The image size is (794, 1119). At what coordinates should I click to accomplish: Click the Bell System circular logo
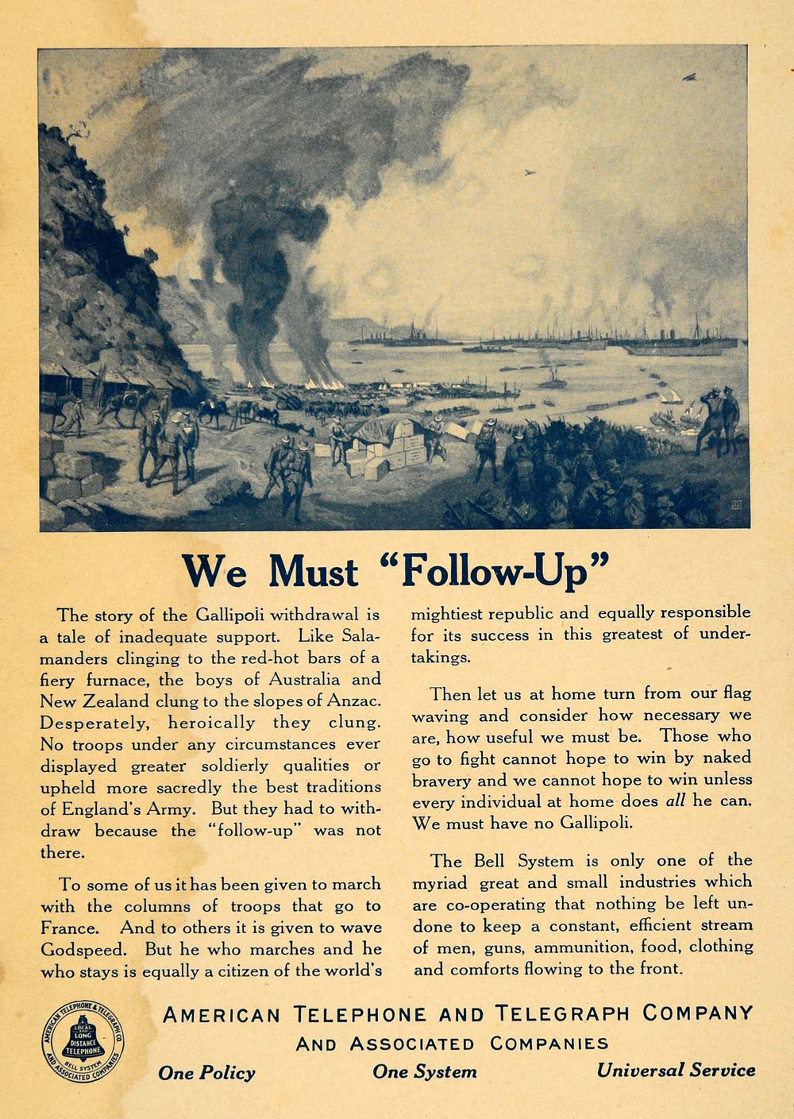[x=83, y=1040]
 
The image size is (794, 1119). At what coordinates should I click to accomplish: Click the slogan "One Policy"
[x=206, y=1073]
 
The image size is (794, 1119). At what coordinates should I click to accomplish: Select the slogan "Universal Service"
[x=676, y=1071]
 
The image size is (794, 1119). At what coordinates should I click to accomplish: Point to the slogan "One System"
[x=425, y=1071]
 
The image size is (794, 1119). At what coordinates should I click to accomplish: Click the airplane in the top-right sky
[x=689, y=77]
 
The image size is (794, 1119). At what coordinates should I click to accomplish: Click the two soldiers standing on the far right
[x=719, y=417]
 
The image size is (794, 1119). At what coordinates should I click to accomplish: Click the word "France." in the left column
[x=71, y=928]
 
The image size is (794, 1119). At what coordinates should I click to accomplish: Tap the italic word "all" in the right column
[x=674, y=801]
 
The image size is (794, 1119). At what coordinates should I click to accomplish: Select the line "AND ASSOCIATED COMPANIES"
[x=452, y=1043]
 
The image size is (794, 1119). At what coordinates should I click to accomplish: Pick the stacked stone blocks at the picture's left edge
[x=71, y=475]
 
